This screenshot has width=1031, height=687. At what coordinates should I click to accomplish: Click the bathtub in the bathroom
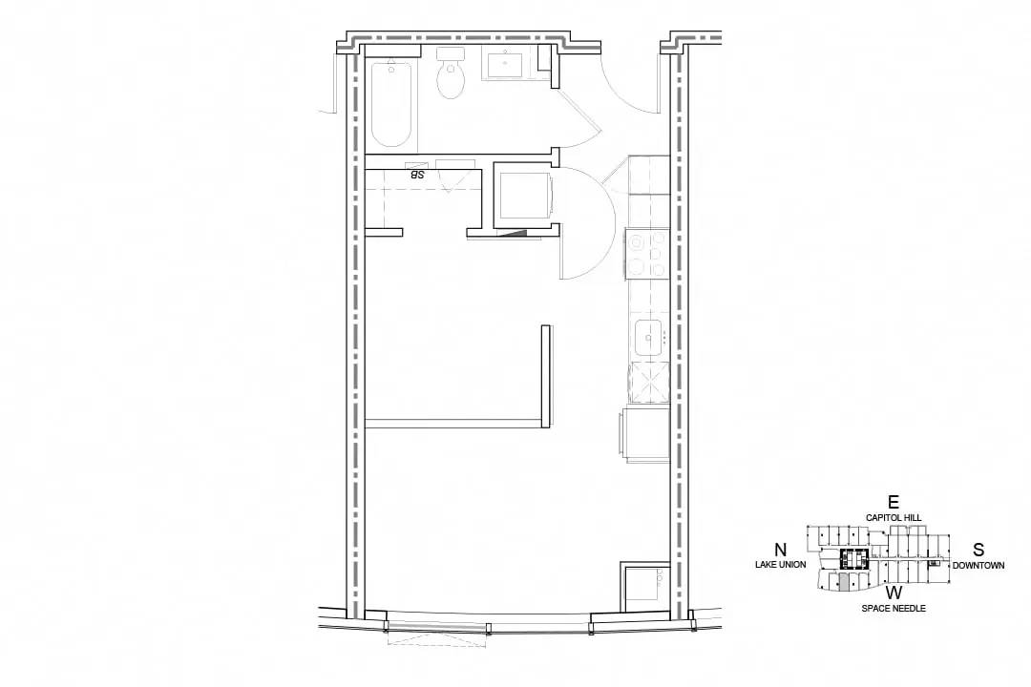[x=392, y=105]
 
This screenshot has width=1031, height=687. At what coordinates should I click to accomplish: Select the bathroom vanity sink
[x=505, y=65]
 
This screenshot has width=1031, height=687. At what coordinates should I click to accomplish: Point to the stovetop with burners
[x=648, y=255]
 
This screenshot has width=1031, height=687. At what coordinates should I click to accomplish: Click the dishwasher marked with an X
[x=650, y=383]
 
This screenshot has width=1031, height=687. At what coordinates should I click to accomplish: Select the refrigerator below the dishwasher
[x=644, y=434]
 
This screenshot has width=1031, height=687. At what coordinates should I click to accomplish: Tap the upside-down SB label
[x=417, y=175]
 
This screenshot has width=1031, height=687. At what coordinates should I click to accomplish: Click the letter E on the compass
[x=893, y=503]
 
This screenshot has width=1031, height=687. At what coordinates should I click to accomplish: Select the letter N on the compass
[x=781, y=551]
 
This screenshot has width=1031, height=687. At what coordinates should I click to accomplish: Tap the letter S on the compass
[x=978, y=551]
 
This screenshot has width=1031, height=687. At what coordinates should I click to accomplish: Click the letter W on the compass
[x=894, y=593]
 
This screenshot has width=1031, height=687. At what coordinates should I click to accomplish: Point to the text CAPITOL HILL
[x=894, y=518]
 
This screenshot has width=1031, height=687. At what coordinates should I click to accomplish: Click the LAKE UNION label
[x=781, y=565]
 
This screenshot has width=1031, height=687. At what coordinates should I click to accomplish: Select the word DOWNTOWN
[x=978, y=566]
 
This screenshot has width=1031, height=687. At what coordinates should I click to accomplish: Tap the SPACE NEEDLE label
[x=894, y=609]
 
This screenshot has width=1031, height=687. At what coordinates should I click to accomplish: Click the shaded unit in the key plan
[x=842, y=582]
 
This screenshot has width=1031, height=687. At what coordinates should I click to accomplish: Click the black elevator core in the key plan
[x=854, y=559]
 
